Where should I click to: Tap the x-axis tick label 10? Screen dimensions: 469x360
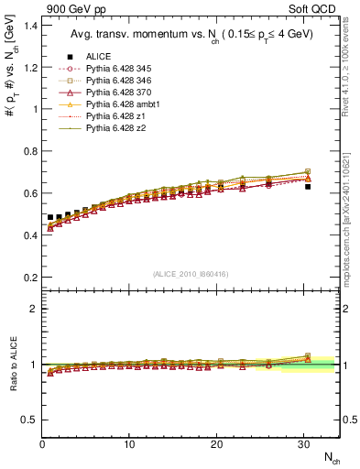tap(129, 443)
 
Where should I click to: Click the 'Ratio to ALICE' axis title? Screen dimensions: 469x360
tap(13, 364)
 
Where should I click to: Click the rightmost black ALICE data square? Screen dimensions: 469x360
tap(308, 186)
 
